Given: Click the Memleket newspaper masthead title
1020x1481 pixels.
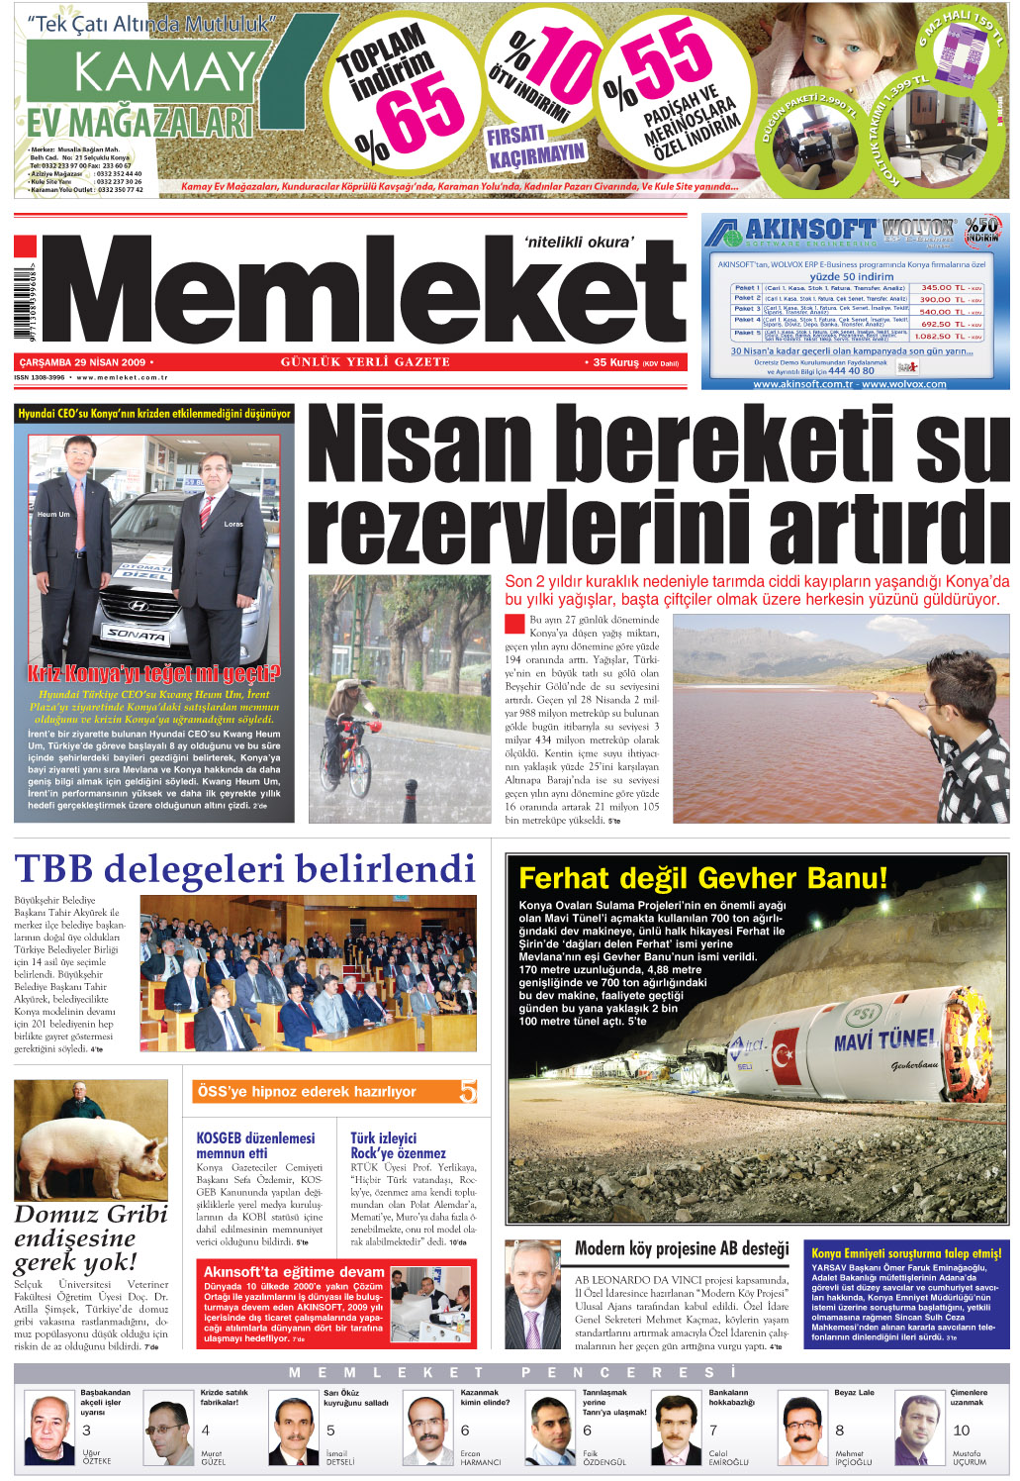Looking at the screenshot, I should click(x=366, y=290).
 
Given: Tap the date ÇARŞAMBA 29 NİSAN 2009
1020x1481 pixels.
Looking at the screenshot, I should click(x=82, y=362).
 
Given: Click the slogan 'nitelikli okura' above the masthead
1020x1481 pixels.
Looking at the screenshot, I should click(x=579, y=241).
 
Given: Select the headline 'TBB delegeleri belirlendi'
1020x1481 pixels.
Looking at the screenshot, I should click(x=244, y=869).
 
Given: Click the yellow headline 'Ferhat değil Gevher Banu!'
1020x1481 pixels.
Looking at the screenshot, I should click(x=702, y=878).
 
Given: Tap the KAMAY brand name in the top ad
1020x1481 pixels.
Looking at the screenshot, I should click(x=164, y=72).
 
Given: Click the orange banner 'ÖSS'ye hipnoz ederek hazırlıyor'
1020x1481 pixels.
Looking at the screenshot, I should click(x=307, y=1092).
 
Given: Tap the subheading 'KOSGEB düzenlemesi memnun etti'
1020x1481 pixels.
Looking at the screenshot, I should click(x=255, y=1145).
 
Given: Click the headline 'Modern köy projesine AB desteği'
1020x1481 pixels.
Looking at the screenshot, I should click(x=682, y=1248).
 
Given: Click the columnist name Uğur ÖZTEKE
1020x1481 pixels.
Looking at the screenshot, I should click(x=96, y=1456).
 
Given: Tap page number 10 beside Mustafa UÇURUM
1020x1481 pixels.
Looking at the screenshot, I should click(x=961, y=1431).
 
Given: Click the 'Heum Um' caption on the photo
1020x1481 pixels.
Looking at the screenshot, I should click(x=53, y=515).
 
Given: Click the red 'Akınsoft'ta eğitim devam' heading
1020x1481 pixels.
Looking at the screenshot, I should click(x=294, y=1271).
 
